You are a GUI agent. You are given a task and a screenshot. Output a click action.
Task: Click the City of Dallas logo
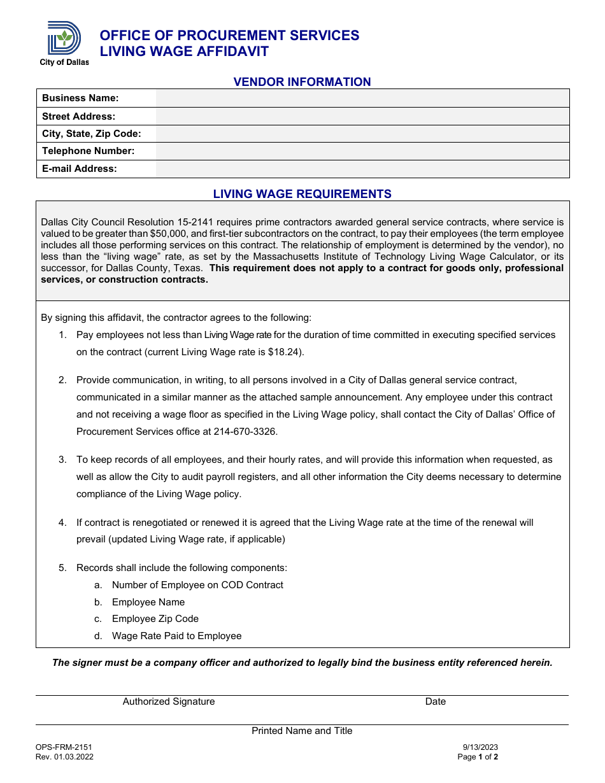point(64,42)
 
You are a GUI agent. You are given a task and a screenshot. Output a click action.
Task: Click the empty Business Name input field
point(362,98)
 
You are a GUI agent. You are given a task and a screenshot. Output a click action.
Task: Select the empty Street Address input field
point(362,116)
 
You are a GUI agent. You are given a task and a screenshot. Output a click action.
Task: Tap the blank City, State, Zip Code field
point(362,134)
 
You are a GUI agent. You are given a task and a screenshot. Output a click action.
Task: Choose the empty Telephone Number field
point(362,151)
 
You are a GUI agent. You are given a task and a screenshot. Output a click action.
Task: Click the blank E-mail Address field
point(362,169)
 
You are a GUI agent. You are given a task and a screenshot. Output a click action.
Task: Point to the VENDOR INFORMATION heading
point(302,82)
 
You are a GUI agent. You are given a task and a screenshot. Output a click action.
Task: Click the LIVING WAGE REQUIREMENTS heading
point(302,194)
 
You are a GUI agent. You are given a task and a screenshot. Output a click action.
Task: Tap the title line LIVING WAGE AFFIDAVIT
point(184,52)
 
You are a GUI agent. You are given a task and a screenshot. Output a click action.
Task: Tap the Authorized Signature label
point(169,702)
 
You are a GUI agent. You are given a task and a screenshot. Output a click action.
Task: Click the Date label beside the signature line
point(436,702)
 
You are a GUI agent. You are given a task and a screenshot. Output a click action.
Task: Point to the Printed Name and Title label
point(302,731)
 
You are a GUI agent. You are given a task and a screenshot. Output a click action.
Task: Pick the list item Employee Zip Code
point(155,619)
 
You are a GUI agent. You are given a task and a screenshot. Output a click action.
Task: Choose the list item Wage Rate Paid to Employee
point(176,636)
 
